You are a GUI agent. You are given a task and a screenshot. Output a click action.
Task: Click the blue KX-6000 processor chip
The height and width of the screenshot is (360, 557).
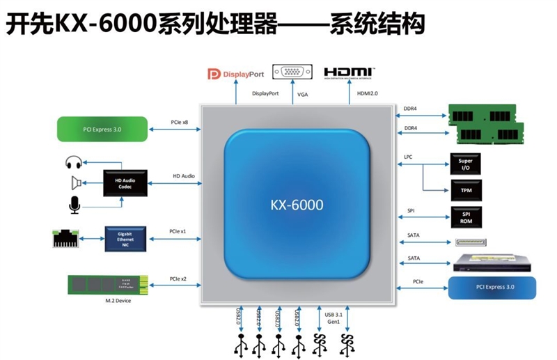point(297,205)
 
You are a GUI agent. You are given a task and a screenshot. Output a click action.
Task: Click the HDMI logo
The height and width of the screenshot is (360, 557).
point(350,72)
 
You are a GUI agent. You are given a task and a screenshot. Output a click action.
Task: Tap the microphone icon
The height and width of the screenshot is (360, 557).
point(74,204)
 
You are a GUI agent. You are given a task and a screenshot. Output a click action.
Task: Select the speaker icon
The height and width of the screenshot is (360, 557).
point(76,183)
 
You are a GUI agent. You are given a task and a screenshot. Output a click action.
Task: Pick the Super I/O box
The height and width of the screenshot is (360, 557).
point(465,164)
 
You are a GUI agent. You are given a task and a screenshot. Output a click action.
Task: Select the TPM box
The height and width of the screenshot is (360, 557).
point(465,189)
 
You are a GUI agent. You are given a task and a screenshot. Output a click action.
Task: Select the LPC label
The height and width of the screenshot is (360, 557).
point(409,157)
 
